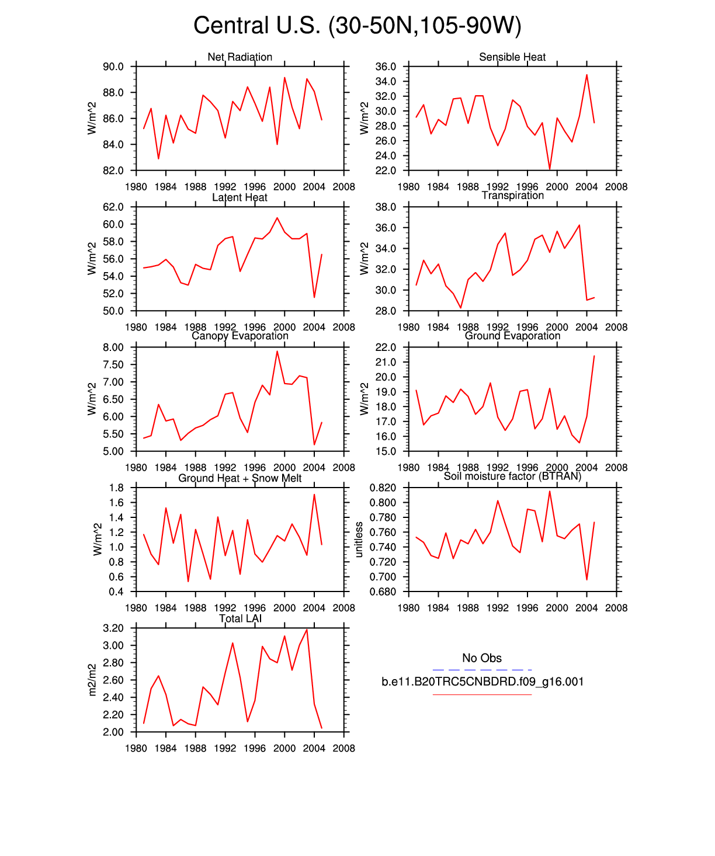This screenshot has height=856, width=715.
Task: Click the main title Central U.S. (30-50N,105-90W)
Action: [357, 26]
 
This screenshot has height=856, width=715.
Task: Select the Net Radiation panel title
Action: [240, 57]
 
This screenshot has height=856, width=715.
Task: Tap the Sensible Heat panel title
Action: [512, 57]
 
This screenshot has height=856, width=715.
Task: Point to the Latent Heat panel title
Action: [240, 197]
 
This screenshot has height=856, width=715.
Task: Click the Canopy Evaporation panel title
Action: [240, 336]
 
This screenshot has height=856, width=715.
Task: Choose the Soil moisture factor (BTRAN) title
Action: [512, 476]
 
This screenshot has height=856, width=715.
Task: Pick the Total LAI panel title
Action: [240, 619]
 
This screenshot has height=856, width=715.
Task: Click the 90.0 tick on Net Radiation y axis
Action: [113, 67]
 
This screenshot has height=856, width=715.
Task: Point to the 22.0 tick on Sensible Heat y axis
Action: [386, 170]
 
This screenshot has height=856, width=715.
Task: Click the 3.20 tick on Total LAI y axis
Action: [113, 628]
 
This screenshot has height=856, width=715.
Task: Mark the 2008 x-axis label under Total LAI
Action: [343, 749]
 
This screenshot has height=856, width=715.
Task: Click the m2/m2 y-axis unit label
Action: [92, 680]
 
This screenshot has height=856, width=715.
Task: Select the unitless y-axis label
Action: [359, 540]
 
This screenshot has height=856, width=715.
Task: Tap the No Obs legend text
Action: [482, 658]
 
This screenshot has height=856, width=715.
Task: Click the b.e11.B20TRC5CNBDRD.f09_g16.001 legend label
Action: [483, 682]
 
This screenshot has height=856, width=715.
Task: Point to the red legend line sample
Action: [482, 694]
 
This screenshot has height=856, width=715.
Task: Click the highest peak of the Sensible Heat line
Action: [586, 75]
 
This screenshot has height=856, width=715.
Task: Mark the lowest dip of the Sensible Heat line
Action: [550, 169]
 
